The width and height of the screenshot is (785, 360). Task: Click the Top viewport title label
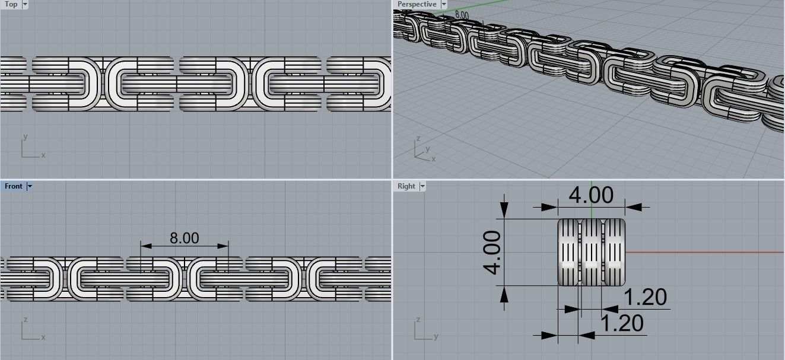tap(11, 4)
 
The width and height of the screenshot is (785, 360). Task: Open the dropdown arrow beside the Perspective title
tap(443, 4)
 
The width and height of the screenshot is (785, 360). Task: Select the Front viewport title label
tap(13, 186)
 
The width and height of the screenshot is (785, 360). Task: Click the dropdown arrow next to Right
tap(422, 186)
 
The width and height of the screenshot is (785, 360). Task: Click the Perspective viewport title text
tap(417, 4)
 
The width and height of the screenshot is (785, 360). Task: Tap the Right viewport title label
tap(406, 186)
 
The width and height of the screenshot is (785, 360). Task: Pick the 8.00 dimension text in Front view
tap(184, 238)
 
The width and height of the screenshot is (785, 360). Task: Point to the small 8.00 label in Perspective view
tap(461, 15)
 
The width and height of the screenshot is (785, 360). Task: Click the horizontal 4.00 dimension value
tap(591, 195)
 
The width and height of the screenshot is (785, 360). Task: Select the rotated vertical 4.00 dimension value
tap(492, 252)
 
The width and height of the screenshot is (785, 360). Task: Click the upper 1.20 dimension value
tap(646, 297)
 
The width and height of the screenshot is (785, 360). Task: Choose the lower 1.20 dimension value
tap(622, 324)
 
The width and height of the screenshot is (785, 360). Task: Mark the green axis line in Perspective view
tap(475, 7)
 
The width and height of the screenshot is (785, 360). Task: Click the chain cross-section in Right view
tap(591, 252)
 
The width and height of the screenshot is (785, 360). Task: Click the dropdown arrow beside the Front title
tap(30, 186)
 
